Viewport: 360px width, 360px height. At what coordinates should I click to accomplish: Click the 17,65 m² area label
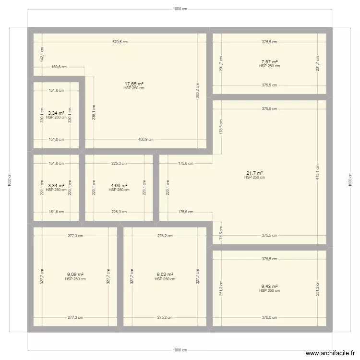134,84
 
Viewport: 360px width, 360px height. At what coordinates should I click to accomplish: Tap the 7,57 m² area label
269,61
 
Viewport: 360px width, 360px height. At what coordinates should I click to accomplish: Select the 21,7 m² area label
254,173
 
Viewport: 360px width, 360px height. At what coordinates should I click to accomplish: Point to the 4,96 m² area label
119,185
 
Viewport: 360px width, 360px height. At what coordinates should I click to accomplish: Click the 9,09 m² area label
76,275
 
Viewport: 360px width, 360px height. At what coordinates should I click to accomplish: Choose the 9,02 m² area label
165,275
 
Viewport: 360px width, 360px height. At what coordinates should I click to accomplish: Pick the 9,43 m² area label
269,287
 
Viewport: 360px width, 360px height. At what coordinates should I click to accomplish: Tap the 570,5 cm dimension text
120,42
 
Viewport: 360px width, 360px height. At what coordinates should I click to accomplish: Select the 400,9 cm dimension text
145,140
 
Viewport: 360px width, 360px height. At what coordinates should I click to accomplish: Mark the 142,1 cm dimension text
42,54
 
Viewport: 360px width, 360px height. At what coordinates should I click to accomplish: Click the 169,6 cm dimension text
59,67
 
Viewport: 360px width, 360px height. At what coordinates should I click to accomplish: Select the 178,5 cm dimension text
221,127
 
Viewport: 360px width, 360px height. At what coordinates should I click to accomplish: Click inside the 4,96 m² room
119,202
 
